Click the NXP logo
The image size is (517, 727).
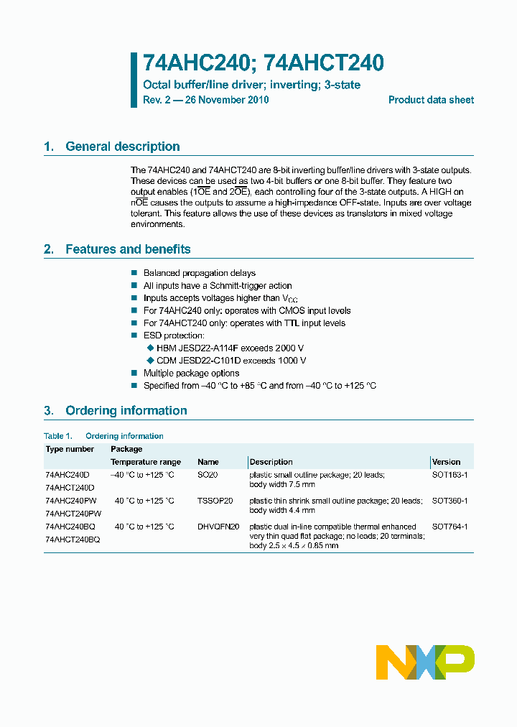[425, 662]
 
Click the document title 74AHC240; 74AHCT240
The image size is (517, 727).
[263, 63]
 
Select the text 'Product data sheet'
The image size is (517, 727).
[431, 100]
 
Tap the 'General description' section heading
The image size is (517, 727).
[122, 147]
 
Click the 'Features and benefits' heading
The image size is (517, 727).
[128, 249]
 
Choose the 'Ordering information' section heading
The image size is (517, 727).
[126, 411]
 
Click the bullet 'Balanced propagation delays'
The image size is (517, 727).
[199, 273]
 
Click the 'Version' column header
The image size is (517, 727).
[446, 462]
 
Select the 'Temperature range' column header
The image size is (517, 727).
[145, 462]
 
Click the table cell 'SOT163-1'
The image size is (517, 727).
[450, 475]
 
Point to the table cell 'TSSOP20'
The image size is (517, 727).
[215, 501]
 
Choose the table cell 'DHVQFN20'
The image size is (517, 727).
[218, 527]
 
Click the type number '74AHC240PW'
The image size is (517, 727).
[70, 501]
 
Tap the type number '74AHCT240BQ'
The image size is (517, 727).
[73, 539]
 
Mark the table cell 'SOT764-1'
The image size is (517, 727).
[450, 527]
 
